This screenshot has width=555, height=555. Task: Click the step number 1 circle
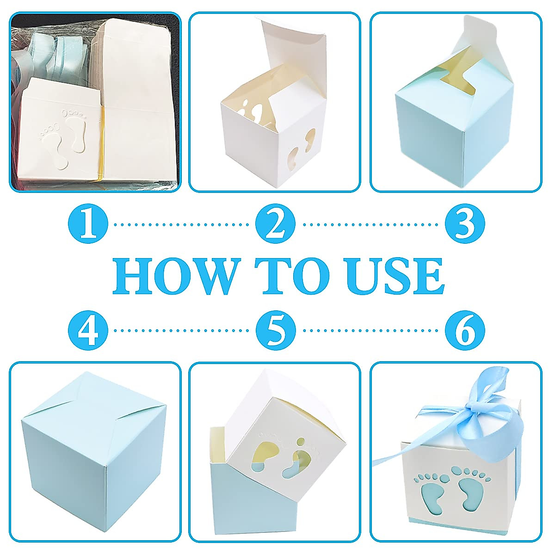pos(88,224)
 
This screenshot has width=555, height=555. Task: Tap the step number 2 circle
pos(276,224)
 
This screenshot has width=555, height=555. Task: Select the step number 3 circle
pos(465,224)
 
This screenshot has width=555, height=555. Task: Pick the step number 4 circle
pos(88,330)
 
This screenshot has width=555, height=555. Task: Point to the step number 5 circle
pos(276,330)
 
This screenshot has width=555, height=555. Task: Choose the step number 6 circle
pos(465,330)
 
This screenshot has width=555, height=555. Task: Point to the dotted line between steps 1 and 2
pos(182,225)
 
